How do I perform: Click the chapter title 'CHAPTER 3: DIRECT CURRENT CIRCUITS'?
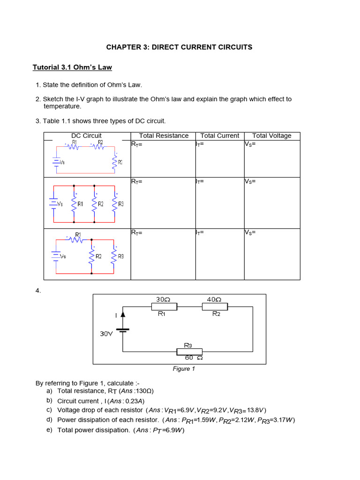point(179,47)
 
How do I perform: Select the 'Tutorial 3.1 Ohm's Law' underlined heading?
point(72,67)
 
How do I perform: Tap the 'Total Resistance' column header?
point(164,136)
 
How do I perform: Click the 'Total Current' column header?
point(219,136)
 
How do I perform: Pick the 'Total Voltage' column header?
point(271,136)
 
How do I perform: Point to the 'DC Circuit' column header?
point(86,136)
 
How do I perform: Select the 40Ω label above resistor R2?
point(214,299)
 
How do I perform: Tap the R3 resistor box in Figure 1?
point(189,352)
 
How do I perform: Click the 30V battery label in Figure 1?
point(106,334)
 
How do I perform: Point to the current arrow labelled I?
point(123,315)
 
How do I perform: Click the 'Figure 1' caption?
point(184,369)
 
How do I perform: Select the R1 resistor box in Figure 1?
point(164,307)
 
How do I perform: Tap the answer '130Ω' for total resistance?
point(143,391)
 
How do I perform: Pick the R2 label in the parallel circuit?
point(100,204)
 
